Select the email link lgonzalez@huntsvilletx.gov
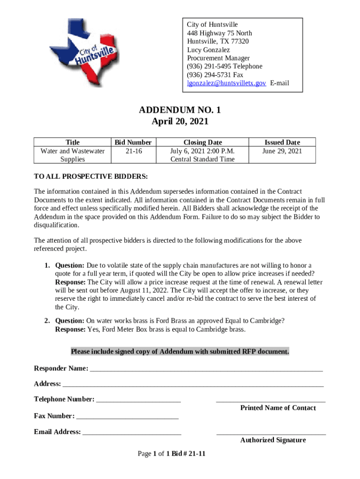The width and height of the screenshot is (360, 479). [x=227, y=83]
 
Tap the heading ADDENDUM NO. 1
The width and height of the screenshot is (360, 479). [x=180, y=110]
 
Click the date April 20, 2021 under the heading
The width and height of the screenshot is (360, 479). [x=180, y=122]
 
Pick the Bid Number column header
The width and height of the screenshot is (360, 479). [x=133, y=142]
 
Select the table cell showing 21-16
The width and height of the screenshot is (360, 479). [x=133, y=151]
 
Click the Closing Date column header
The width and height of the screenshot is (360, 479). [x=202, y=142]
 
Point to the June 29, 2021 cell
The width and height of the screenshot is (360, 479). [x=282, y=151]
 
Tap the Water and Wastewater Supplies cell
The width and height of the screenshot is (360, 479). [x=72, y=155]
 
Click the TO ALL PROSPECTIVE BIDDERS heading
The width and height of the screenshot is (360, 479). [x=91, y=176]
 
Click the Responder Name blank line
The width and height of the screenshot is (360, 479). [x=206, y=370]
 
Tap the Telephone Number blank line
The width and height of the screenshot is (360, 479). [x=138, y=400]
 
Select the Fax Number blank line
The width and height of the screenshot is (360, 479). [x=127, y=417]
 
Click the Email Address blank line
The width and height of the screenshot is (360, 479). [x=132, y=433]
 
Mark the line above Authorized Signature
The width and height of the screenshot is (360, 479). [x=271, y=434]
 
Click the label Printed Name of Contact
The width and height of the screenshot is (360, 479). [x=278, y=408]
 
